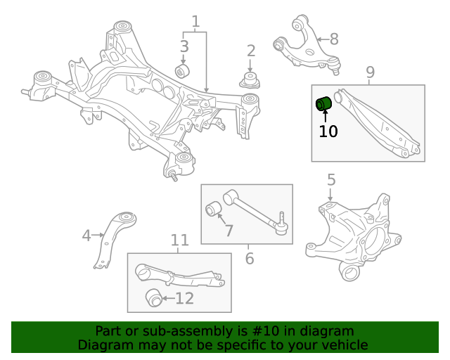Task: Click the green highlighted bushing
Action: point(323,103)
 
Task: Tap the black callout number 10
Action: point(328,131)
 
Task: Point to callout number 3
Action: point(184,47)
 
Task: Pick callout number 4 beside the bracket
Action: point(86,236)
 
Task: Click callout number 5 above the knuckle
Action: point(331,181)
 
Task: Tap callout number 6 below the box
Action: point(249,258)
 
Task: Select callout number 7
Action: point(228,230)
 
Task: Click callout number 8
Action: point(333,39)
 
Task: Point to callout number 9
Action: point(370,72)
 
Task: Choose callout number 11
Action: point(180,241)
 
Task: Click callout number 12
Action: point(184,299)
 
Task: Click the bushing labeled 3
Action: point(182,71)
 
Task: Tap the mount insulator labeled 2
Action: point(250,79)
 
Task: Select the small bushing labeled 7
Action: point(213,209)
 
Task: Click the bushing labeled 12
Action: point(153,297)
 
